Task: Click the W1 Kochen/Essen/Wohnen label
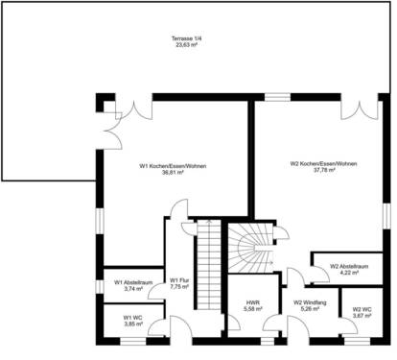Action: click(x=172, y=166)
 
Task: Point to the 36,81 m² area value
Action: click(x=172, y=173)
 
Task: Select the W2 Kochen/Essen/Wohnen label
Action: click(x=323, y=164)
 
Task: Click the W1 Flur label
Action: click(x=179, y=279)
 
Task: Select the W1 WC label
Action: click(x=132, y=318)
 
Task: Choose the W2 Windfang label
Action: click(x=312, y=302)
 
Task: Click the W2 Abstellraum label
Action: click(x=349, y=266)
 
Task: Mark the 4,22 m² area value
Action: click(x=349, y=273)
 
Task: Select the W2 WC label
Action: click(x=362, y=309)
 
